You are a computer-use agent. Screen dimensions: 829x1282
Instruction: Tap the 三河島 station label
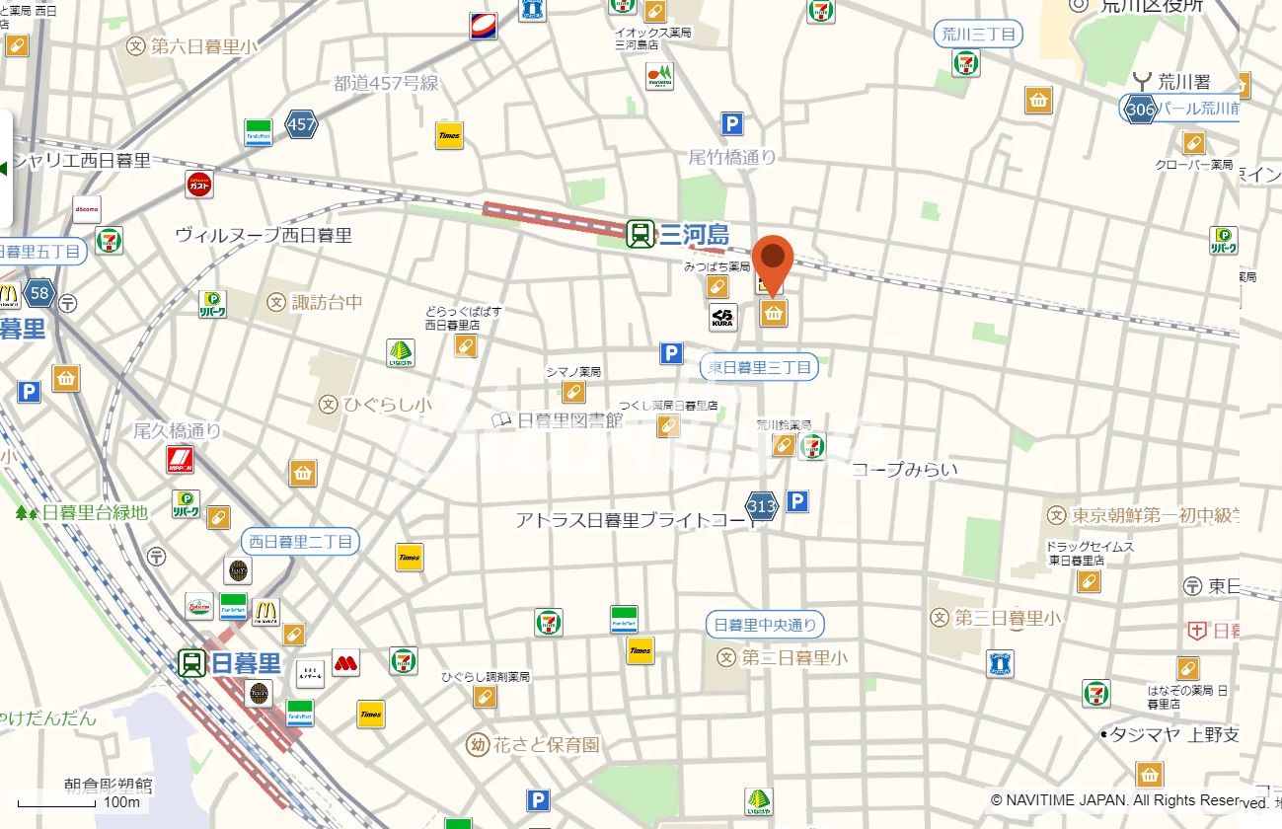click(x=694, y=235)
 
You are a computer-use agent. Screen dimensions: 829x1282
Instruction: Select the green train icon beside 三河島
click(x=640, y=235)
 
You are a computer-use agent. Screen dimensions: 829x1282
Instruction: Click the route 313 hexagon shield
click(x=761, y=506)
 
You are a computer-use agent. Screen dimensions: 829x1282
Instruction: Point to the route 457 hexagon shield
click(x=301, y=124)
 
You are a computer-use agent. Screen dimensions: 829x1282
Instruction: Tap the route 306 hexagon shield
click(x=1140, y=109)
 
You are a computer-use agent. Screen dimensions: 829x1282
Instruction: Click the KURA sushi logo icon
click(x=722, y=318)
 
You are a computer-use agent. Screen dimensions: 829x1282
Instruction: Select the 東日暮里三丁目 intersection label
click(x=759, y=368)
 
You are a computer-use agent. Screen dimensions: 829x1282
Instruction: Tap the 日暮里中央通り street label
click(x=765, y=625)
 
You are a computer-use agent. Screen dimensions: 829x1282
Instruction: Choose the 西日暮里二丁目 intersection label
click(x=300, y=542)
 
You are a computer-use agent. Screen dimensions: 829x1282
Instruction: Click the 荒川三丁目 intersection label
click(x=977, y=35)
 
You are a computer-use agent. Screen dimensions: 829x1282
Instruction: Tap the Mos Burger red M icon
click(x=345, y=662)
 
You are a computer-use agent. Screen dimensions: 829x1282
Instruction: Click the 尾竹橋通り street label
click(x=732, y=156)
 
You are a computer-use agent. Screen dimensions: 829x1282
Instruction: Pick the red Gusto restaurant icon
click(x=199, y=185)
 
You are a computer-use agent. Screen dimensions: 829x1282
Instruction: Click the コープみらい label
click(x=904, y=470)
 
